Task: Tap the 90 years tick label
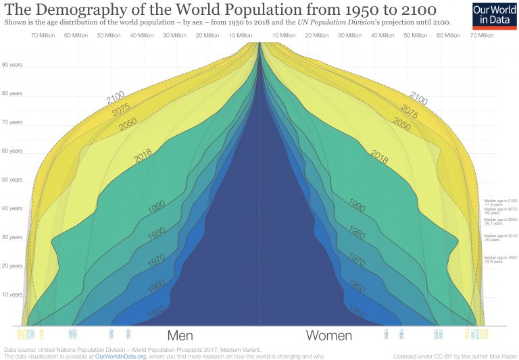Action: point(12,65)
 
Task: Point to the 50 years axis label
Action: point(12,180)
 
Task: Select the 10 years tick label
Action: point(12,294)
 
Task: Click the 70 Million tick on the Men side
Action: point(43,34)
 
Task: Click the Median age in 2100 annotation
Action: point(500,202)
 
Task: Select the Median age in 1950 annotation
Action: point(500,259)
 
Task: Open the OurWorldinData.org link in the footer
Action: point(121,355)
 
